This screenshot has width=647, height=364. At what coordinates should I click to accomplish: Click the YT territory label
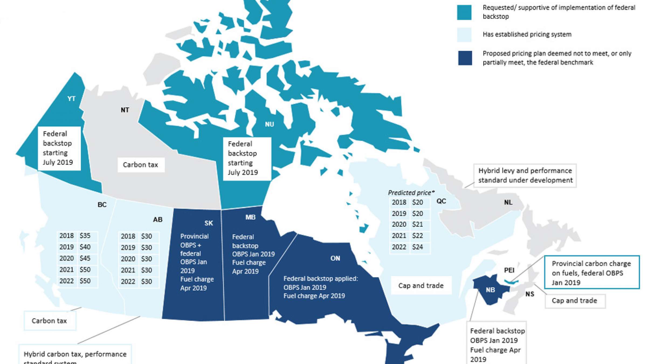coord(71,99)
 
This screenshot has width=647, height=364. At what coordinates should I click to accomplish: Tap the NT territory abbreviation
coord(125,110)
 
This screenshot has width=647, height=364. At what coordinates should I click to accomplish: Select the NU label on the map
coord(269,124)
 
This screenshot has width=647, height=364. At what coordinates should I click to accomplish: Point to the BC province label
coord(102,205)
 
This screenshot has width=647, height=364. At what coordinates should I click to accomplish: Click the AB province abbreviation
coord(158,220)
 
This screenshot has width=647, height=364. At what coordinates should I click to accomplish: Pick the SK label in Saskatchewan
coord(209,223)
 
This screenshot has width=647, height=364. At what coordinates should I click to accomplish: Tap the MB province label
coord(250,217)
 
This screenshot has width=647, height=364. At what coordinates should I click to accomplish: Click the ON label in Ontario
coord(335,259)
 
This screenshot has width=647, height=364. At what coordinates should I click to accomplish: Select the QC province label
coord(441,201)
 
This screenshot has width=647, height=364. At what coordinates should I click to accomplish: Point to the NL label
coord(508,202)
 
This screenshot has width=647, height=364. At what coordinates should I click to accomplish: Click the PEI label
coord(509,270)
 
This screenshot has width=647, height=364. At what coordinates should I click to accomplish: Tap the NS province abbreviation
coord(529,294)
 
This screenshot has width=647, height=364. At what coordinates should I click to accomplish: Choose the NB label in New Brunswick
coord(490,290)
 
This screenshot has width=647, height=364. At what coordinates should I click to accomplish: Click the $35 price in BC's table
coord(85,236)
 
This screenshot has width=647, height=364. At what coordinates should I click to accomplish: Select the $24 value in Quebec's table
coord(417,247)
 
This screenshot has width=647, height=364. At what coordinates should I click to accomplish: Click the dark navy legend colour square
coord(465,58)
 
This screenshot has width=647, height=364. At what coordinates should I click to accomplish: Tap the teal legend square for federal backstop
coord(464,12)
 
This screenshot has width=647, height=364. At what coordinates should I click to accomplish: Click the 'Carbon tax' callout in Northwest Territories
coord(140,165)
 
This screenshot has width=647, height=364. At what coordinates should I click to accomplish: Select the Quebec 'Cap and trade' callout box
coord(421,286)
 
